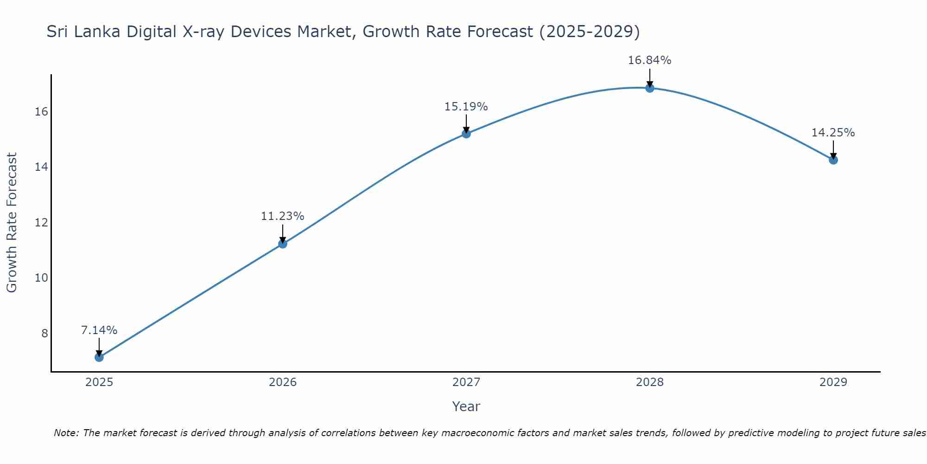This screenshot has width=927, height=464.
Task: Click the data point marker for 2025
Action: coord(99,357)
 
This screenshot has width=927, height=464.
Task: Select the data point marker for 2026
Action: coord(283,244)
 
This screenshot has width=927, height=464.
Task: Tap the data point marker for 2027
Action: coord(466,134)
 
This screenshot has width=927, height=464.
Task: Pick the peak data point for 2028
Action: coord(650,88)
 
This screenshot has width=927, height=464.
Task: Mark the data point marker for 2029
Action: coord(833,160)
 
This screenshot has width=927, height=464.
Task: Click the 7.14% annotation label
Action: coord(99,330)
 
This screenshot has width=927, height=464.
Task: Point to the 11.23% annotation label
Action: coord(283,216)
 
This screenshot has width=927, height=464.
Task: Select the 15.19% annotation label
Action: coord(466,107)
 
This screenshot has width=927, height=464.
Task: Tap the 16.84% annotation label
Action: coord(650,60)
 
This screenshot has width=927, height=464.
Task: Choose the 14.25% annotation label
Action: coord(833,133)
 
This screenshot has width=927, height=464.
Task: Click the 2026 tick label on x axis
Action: coord(283,382)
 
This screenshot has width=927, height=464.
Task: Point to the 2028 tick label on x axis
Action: coord(650,382)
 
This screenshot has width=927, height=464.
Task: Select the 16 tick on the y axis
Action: coord(42,112)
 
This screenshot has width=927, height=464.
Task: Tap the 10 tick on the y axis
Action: coord(42,278)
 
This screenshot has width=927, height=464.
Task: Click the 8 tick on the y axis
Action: coord(44,333)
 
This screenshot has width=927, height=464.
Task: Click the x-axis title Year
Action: coord(466,406)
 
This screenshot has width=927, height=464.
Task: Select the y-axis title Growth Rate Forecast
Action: coord(12,222)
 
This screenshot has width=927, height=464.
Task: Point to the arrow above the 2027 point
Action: coord(466,123)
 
